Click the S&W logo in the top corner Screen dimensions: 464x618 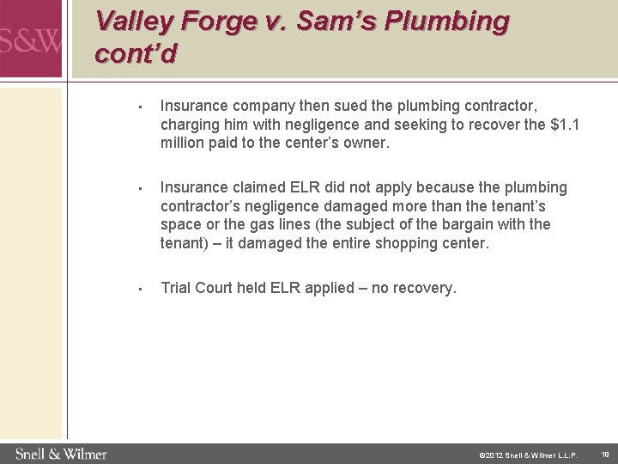(31, 39)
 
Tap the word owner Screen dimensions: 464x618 (367, 143)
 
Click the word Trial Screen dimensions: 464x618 (177, 288)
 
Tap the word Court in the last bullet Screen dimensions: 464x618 (219, 288)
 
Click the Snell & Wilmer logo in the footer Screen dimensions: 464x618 (61, 454)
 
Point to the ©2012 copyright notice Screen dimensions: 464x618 (528, 455)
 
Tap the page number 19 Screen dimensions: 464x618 (604, 454)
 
